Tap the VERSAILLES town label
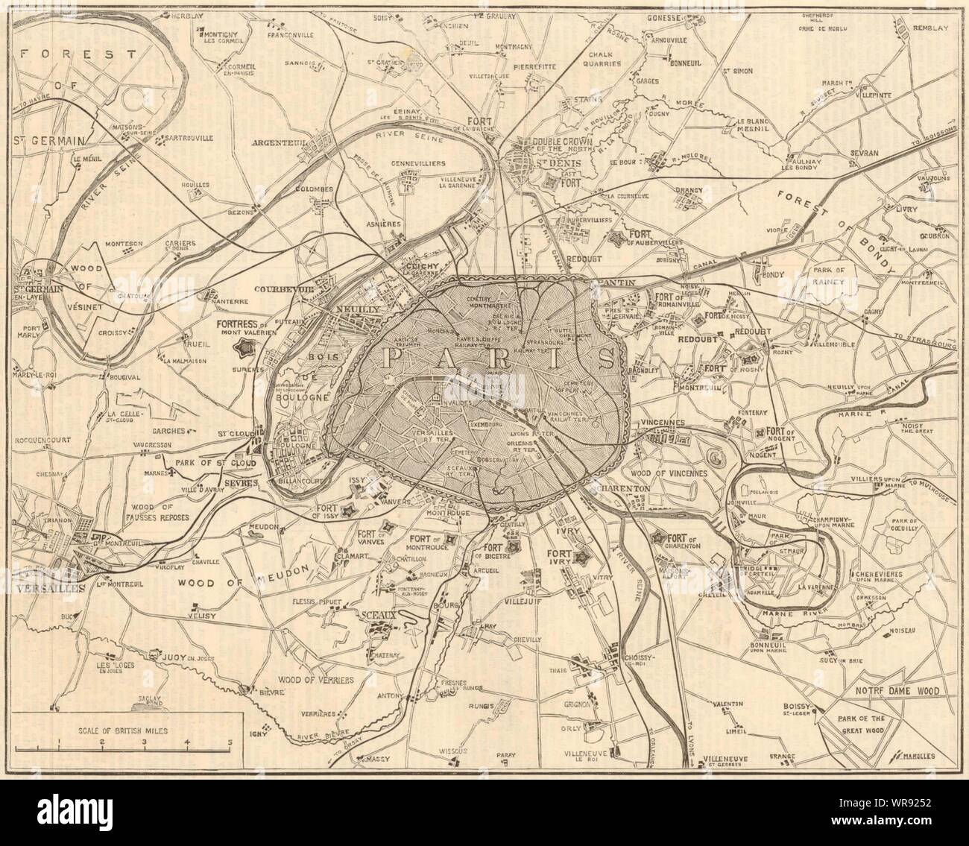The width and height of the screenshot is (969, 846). pyautogui.click(x=45, y=587)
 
